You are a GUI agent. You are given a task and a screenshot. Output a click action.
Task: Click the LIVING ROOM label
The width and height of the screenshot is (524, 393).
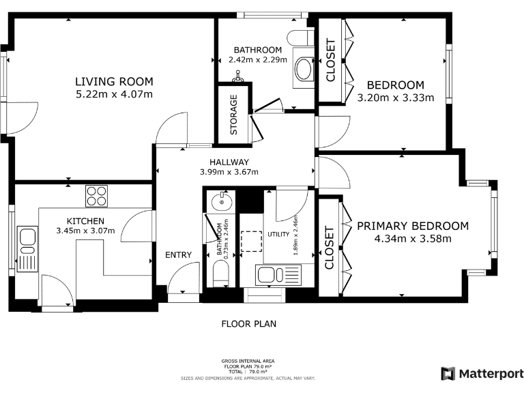[x=114, y=82]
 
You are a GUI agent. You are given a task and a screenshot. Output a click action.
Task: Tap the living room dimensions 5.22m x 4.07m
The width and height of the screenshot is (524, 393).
[x=114, y=94]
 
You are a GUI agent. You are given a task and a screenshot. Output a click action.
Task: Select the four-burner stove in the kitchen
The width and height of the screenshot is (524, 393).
[x=97, y=196]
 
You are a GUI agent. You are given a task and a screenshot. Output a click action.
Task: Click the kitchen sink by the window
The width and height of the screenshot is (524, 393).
[x=27, y=248]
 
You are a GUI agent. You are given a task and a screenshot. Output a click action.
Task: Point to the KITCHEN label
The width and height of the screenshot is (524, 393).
[x=85, y=221]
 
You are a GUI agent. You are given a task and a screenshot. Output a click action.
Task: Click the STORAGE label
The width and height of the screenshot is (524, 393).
[x=233, y=115]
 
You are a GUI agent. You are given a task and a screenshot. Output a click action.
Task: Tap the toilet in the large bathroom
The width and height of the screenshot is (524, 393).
[x=300, y=37]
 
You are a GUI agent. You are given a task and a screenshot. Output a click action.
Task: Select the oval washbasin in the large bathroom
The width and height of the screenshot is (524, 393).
[x=304, y=68]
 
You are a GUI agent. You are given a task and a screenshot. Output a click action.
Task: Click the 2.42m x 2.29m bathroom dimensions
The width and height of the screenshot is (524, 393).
[x=258, y=60]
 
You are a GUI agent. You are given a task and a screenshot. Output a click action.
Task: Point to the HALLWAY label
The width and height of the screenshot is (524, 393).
[x=229, y=162]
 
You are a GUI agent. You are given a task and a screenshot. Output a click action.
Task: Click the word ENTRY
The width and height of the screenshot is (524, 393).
[x=179, y=255]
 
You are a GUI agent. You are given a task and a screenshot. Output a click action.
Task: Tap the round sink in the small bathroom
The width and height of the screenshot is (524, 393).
[x=221, y=201]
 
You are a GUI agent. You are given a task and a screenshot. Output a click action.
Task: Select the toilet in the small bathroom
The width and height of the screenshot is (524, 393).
[x=221, y=273]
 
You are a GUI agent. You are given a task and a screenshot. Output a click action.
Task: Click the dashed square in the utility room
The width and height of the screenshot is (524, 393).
[x=251, y=242]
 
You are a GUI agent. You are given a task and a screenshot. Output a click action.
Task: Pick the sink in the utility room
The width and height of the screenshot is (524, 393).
[x=278, y=275]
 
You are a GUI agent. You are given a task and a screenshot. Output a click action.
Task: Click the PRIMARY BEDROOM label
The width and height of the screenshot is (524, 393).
[x=413, y=226]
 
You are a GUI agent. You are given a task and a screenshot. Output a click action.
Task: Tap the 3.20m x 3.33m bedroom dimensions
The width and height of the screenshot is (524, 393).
[x=396, y=98]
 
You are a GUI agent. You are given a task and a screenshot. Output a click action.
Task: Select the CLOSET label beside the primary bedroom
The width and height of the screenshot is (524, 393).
[x=329, y=248]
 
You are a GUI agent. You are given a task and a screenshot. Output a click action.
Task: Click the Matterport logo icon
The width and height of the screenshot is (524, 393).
[x=448, y=374]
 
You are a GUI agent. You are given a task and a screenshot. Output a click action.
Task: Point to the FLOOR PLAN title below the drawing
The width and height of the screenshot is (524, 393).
[x=249, y=324]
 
